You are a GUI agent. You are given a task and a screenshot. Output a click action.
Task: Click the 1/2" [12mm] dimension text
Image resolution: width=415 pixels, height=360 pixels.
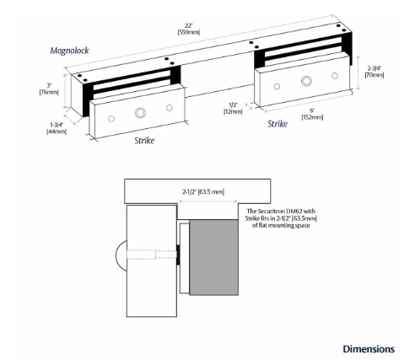233,107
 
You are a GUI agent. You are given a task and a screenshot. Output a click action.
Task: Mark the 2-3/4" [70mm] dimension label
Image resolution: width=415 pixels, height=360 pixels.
373,72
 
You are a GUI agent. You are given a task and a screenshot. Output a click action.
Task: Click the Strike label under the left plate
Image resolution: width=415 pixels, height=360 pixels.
144,141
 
